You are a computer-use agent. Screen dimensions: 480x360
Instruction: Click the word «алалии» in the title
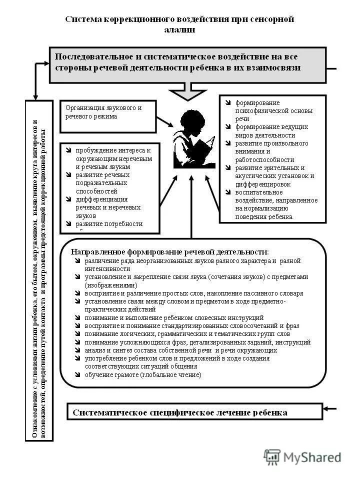click(179, 30)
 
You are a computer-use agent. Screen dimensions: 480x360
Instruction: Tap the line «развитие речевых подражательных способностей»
click(102, 183)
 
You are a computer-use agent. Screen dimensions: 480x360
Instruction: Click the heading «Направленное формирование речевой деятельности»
click(169, 251)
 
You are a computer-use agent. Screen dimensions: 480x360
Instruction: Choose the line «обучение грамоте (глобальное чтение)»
click(143, 374)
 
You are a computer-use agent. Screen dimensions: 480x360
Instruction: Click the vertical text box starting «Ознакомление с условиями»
click(39, 270)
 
